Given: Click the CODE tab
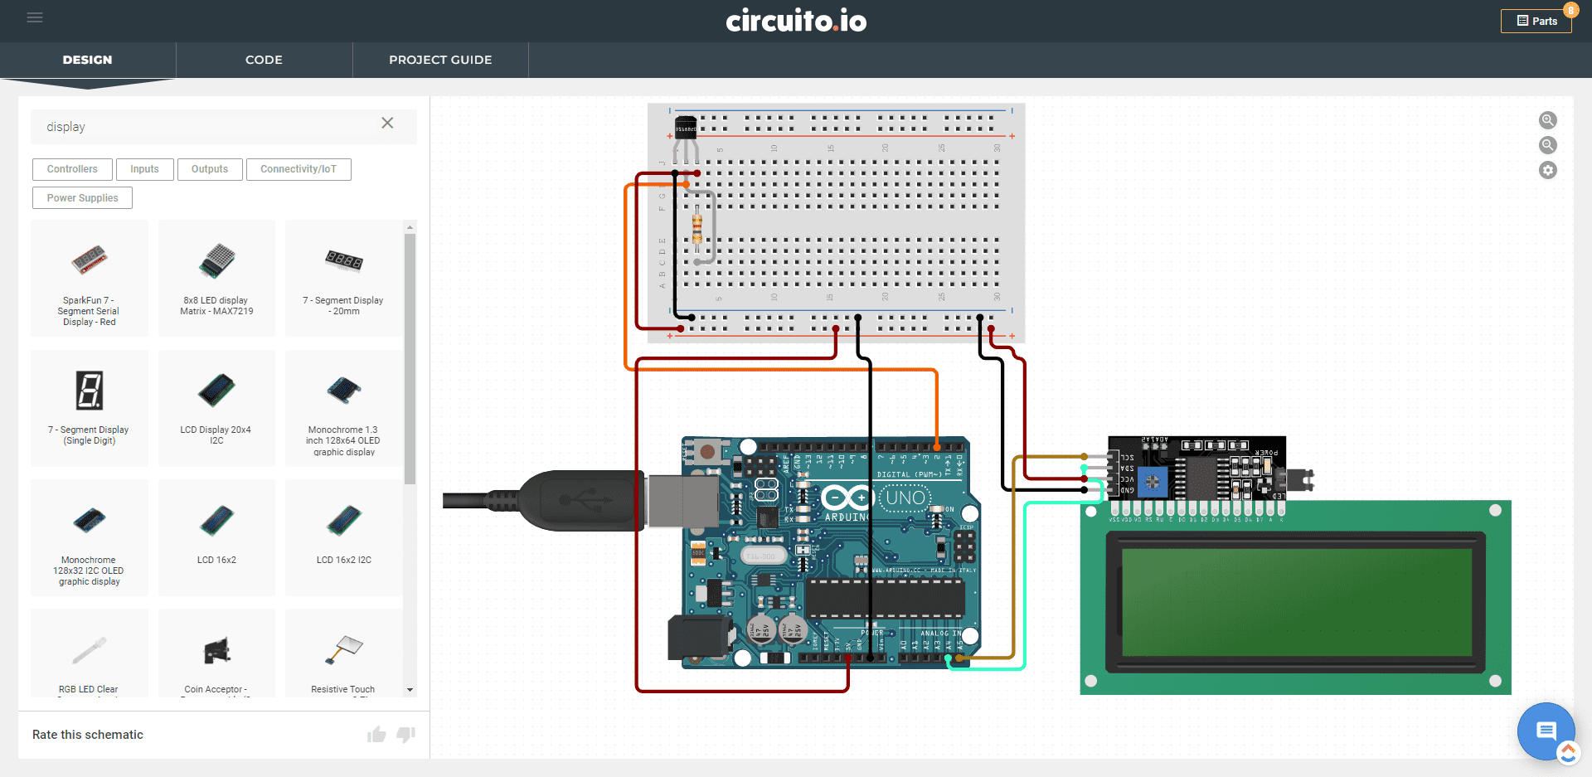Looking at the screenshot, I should coord(264,60).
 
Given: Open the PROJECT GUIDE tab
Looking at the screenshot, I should coord(440,60).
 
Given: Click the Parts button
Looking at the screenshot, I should coord(1536,21).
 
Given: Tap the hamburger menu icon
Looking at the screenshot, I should coord(35,17).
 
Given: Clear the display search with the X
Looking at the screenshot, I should coord(387,124).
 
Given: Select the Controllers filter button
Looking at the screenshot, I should coord(72,169).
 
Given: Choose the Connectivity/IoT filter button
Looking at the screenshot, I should coord(298,169).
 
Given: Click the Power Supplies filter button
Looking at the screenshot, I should coord(82,198).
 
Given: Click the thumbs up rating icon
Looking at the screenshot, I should coord(376,735).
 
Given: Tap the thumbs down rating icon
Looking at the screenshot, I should coord(405,735).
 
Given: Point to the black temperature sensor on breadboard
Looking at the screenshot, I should coord(686,129).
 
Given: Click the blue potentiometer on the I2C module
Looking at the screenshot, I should coord(1153,482).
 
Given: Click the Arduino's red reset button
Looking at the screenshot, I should coord(707,452).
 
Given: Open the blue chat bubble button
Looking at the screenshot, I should coord(1546,731).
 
